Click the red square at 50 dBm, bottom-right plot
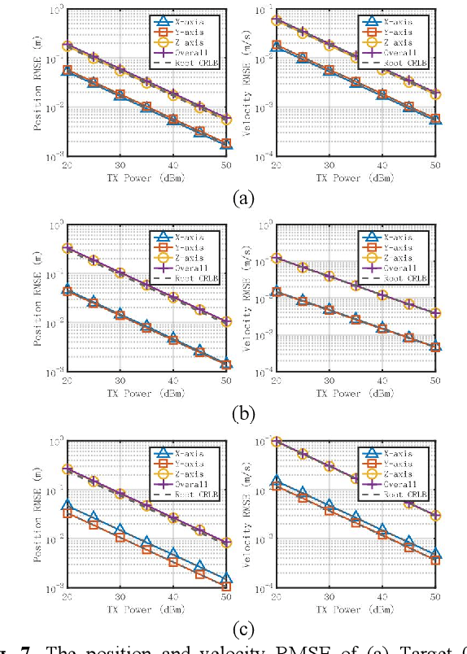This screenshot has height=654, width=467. coord(436,560)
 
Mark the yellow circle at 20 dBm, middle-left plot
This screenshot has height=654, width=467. coord(68,248)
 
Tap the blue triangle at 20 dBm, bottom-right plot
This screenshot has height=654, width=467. coord(277,481)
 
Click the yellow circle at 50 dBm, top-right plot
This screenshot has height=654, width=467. coord(436,94)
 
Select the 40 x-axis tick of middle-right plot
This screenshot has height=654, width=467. coord(382,380)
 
